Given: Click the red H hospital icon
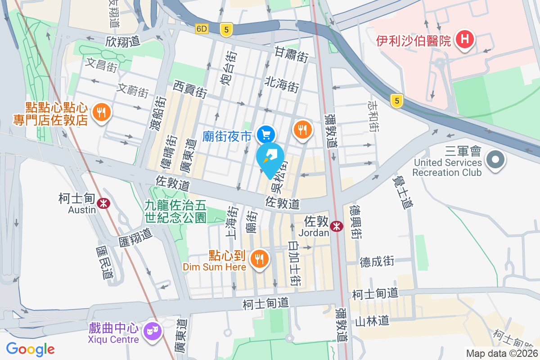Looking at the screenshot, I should [x=465, y=40].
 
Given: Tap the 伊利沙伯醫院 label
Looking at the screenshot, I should [x=414, y=41].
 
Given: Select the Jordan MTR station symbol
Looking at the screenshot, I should [x=336, y=227].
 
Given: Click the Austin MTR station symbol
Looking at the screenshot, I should [x=103, y=203].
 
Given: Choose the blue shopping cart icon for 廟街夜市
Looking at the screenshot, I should [x=266, y=134].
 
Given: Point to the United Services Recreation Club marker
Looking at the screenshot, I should [x=495, y=159].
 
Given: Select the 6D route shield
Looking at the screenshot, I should [x=202, y=29].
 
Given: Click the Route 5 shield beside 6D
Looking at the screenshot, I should [x=226, y=29].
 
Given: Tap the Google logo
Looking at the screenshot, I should [x=30, y=349].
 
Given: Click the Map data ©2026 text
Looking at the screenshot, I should [x=501, y=354].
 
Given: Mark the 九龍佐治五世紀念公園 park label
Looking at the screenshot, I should [x=175, y=211].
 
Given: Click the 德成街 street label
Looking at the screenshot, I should [x=377, y=261].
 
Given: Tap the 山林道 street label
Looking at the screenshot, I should [x=372, y=321].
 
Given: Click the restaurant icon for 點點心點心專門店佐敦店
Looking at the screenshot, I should [x=99, y=112].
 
